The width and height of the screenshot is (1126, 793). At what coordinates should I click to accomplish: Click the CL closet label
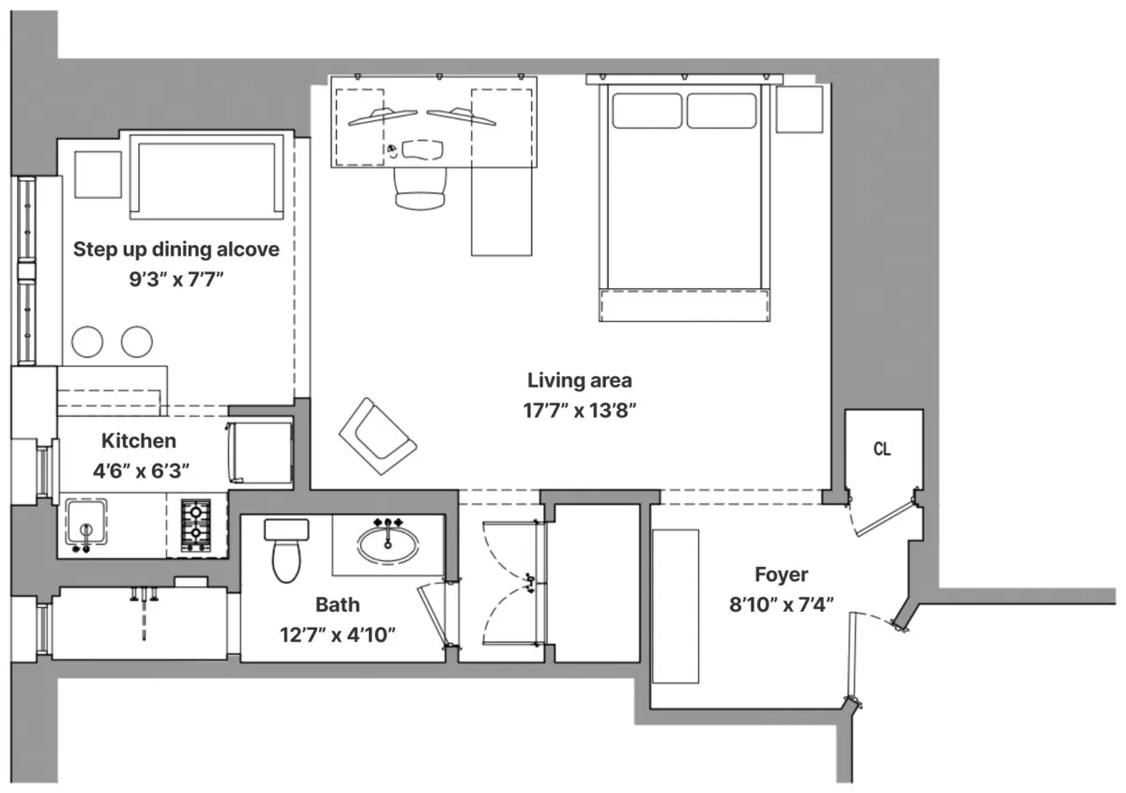pos(882,450)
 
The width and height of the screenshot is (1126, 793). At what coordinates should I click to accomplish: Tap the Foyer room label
pos(781,574)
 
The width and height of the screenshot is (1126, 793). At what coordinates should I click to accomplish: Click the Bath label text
pos(337,605)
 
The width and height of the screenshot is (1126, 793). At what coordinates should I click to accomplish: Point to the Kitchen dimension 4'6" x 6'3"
pos(139,470)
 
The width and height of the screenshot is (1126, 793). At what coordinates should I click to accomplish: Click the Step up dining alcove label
pos(176,249)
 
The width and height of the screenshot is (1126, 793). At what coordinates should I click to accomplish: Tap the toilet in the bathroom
pos(286,551)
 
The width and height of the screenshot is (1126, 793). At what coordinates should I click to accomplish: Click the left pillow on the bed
pos(647,110)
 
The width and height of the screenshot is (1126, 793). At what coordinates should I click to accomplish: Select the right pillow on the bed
pos(721,110)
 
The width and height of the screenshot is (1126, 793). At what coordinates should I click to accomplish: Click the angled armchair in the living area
pos(377,436)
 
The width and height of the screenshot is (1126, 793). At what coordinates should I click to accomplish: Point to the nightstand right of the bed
pos(799,109)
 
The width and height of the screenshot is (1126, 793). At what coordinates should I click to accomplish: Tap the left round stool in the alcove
pos(88,342)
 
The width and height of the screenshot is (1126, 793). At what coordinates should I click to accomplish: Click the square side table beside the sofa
pos(98,174)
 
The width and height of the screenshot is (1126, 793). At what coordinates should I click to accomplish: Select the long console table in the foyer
pos(676,606)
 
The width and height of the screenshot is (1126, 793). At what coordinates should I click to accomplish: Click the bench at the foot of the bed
pos(684,305)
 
